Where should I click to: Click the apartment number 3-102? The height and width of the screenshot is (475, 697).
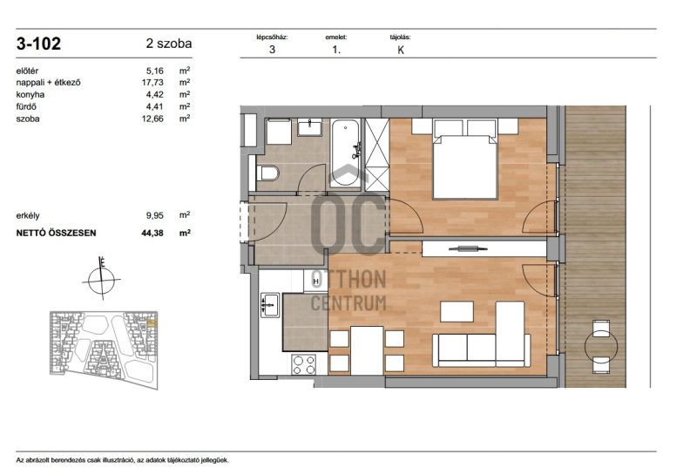click(38, 44)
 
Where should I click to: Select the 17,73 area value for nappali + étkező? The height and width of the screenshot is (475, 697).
click(152, 82)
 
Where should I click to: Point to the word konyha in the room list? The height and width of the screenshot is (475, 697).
click(30, 94)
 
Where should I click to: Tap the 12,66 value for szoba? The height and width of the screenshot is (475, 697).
click(152, 119)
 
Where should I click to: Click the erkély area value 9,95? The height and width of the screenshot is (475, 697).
click(155, 215)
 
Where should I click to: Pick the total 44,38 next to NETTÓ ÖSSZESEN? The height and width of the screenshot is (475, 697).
click(152, 233)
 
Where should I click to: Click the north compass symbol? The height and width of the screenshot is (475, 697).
click(102, 279)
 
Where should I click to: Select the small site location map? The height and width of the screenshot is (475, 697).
click(104, 350)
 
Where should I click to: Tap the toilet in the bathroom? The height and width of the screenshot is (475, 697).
click(267, 173)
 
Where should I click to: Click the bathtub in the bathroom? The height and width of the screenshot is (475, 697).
click(345, 153)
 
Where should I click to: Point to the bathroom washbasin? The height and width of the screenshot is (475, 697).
click(310, 127)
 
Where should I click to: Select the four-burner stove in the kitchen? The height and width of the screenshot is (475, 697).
click(304, 364)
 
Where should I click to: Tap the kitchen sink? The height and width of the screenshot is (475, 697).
click(270, 305)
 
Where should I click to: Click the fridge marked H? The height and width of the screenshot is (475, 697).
click(316, 282)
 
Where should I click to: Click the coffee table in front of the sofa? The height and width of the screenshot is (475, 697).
click(457, 311)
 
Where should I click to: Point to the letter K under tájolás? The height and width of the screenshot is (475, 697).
click(401, 51)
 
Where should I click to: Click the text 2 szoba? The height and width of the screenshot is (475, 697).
click(169, 44)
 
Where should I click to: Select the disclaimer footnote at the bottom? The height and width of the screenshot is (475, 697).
click(123, 460)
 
